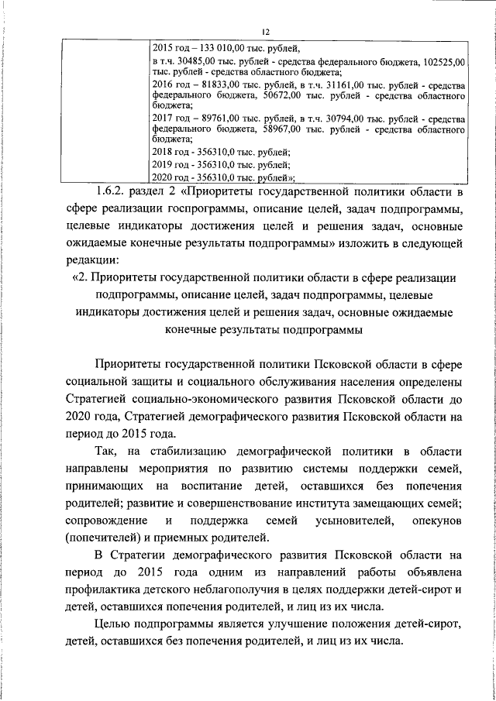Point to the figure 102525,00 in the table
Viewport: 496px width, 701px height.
click(x=445, y=60)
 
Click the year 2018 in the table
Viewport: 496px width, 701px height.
click(x=164, y=152)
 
